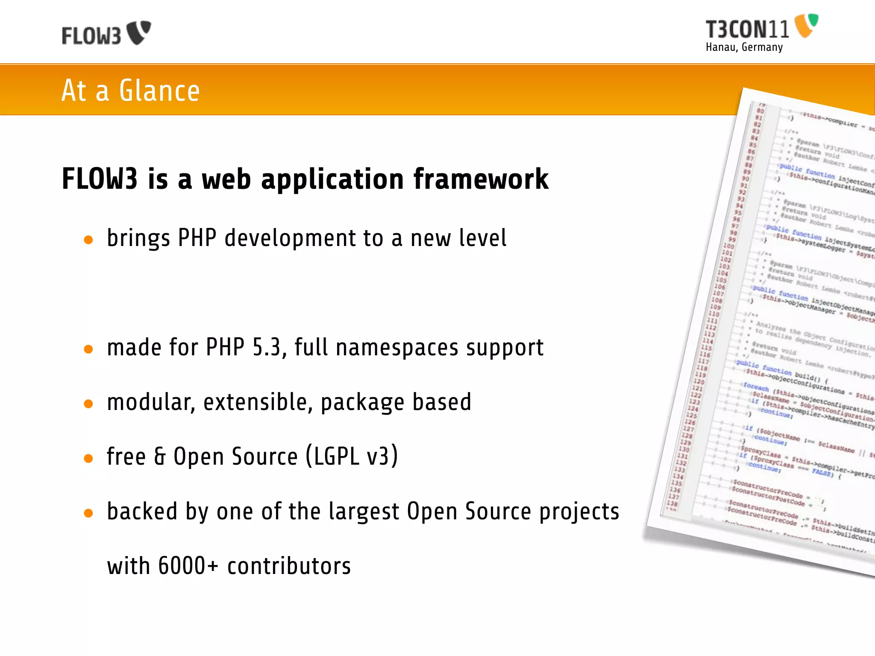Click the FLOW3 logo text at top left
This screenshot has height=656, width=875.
click(91, 36)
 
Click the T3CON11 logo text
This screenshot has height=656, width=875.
click(747, 30)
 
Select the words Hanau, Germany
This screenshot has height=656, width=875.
click(744, 47)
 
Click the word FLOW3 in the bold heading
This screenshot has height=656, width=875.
click(100, 179)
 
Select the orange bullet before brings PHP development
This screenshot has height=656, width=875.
click(88, 240)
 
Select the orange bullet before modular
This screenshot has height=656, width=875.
click(88, 404)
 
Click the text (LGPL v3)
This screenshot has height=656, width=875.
click(352, 456)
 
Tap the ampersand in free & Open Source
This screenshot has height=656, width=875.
click(160, 456)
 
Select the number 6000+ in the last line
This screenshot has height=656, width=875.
click(188, 566)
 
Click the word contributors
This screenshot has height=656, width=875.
click(289, 566)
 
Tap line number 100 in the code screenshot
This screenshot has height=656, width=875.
click(728, 246)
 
